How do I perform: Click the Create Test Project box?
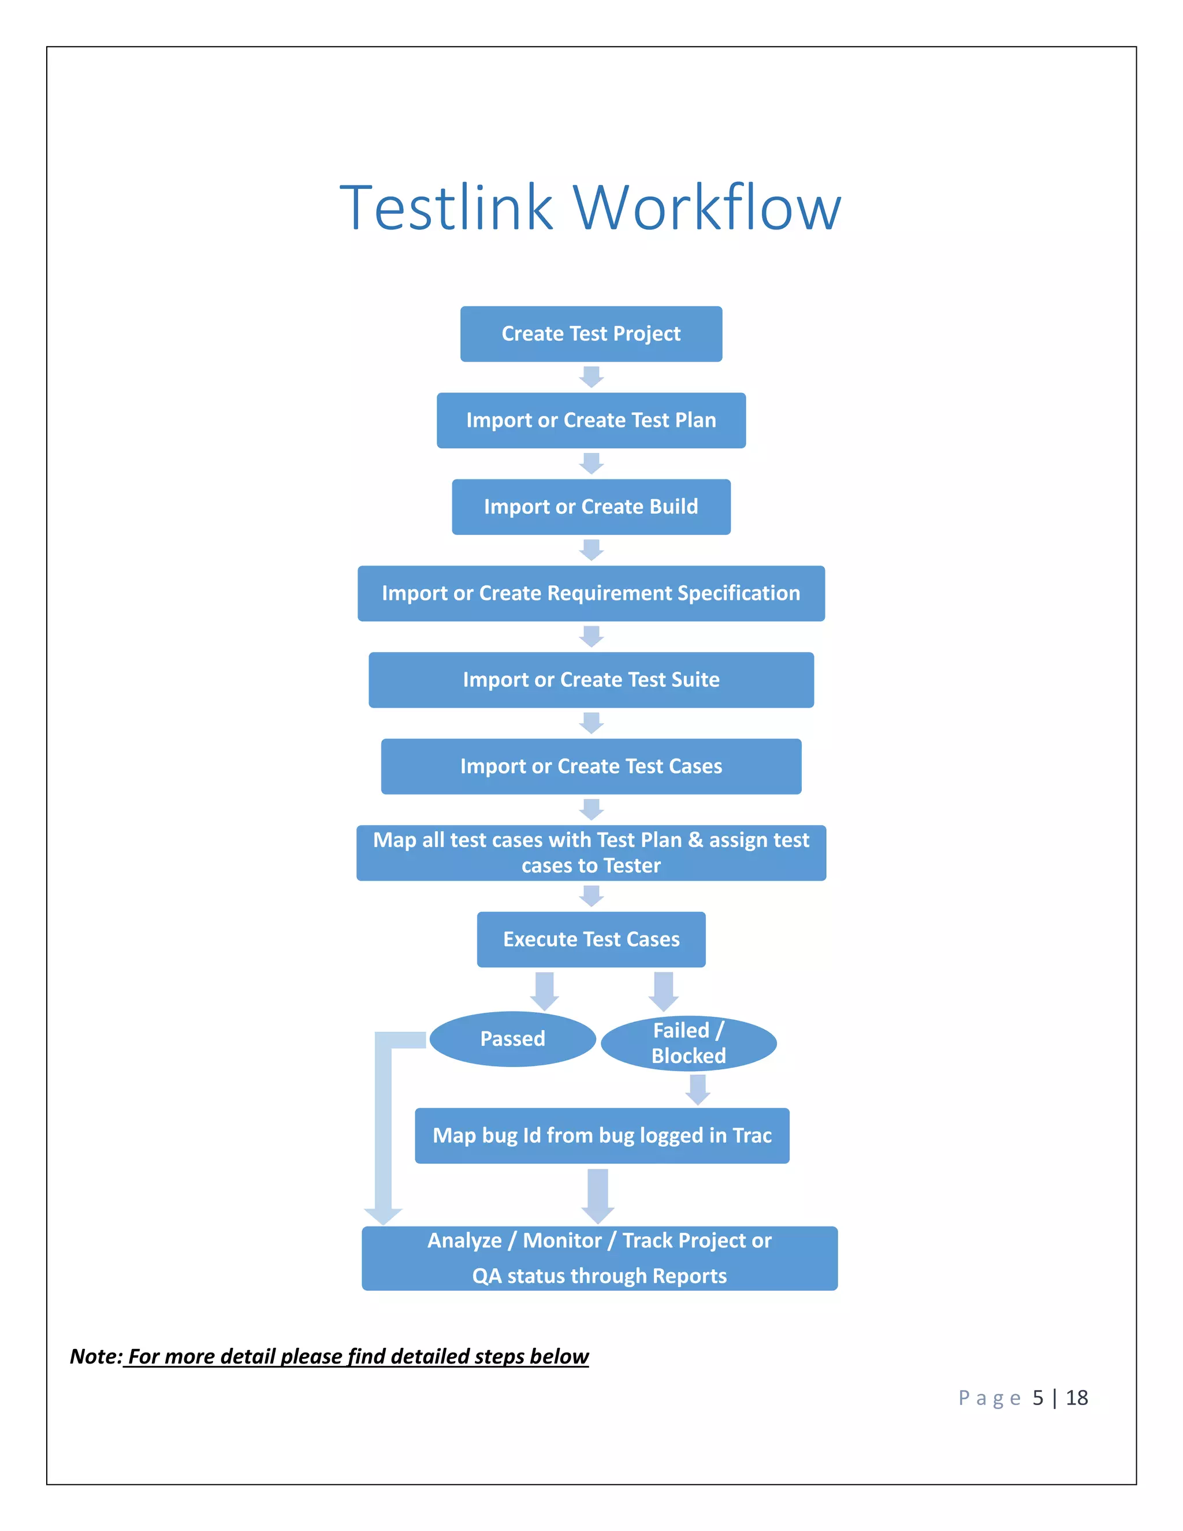[x=591, y=334]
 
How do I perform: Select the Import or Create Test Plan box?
[x=591, y=420]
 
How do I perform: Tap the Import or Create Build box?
[x=591, y=507]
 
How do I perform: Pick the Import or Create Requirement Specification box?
[x=591, y=593]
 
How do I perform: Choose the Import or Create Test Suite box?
[x=591, y=680]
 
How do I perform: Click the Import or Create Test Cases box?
[x=591, y=766]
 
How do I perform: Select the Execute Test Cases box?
[x=591, y=939]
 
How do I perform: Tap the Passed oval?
[x=512, y=1039]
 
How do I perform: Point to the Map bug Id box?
[x=601, y=1136]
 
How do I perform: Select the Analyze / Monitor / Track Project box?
[x=599, y=1258]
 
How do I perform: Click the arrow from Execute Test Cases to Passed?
[x=545, y=990]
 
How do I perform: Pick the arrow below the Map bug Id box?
[x=598, y=1195]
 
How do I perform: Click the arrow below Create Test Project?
[x=591, y=377]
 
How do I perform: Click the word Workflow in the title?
[x=707, y=207]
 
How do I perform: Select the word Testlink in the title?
[x=447, y=207]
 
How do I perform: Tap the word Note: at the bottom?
[x=96, y=1357]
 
